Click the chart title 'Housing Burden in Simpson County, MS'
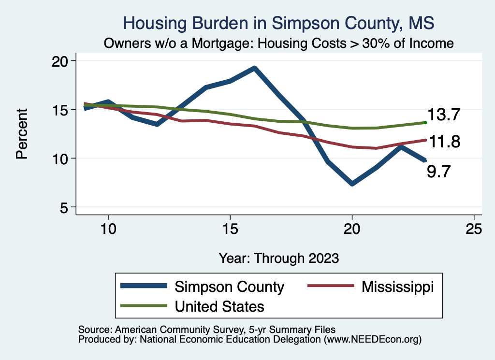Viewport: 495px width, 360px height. point(279,23)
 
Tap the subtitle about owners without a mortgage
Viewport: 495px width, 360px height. point(279,43)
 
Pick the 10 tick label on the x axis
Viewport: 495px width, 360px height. point(108,229)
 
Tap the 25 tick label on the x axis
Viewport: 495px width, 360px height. point(474,229)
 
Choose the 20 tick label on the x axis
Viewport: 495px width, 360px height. point(352,229)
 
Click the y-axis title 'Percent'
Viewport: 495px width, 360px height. point(22,134)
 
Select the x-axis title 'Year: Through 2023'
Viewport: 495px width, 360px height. point(279,258)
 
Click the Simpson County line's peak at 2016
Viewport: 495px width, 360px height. point(254,68)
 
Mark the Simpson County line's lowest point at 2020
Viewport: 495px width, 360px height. point(352,184)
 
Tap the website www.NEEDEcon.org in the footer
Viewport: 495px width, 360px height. point(372,340)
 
